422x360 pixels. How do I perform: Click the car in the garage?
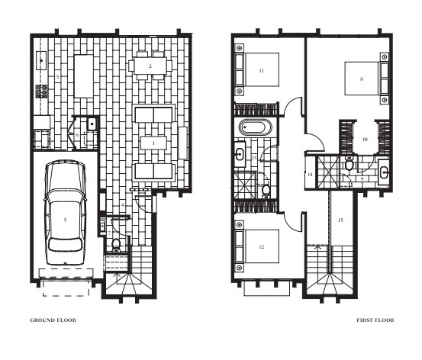pos(65,213)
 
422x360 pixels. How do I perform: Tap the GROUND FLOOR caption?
pos(53,320)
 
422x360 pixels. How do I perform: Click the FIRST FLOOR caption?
pos(375,320)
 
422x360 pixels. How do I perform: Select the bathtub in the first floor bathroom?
pos(256,127)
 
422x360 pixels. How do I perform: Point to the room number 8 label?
pos(362,79)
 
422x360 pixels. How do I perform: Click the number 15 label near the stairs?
pos(340,220)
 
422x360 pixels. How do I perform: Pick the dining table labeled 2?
pos(150,66)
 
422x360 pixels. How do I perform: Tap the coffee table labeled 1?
pos(153,143)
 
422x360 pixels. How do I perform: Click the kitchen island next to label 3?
pos(84,76)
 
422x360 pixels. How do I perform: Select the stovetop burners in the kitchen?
pos(42,91)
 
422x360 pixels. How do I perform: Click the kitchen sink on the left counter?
pos(41,60)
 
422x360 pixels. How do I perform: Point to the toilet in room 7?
pos(116,245)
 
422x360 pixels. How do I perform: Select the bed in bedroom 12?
pos(257,246)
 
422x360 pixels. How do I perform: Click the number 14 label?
pos(310,175)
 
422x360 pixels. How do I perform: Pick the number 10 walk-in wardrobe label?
pos(365,140)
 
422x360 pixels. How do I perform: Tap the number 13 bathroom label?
pos(254,158)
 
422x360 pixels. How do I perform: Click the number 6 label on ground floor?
pos(77,135)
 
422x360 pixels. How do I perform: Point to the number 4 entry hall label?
pos(122,205)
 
